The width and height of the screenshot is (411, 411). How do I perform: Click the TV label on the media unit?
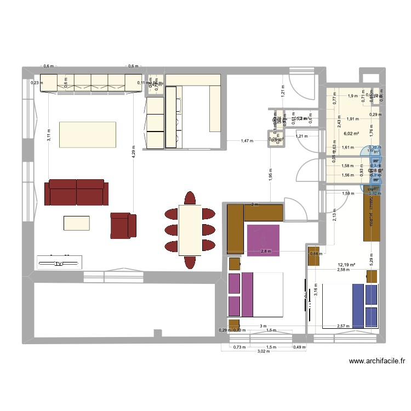pos(59,264)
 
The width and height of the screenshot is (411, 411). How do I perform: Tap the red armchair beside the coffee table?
pos(123,225)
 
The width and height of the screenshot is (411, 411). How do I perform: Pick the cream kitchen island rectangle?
pos(88,135)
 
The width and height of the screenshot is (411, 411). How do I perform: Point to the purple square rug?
pos(263,240)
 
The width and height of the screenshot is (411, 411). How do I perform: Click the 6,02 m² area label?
pos(351,133)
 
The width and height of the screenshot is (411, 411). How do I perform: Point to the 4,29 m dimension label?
pos(133,151)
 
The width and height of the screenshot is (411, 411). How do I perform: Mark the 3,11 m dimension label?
pos(48,135)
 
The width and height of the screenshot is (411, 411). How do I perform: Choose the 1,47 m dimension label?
pos(248,141)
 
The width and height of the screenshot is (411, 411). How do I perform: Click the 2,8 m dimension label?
pos(266,252)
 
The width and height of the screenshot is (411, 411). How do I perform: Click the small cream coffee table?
pos(77,222)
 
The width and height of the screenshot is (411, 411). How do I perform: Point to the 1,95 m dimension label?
pos(270,175)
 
